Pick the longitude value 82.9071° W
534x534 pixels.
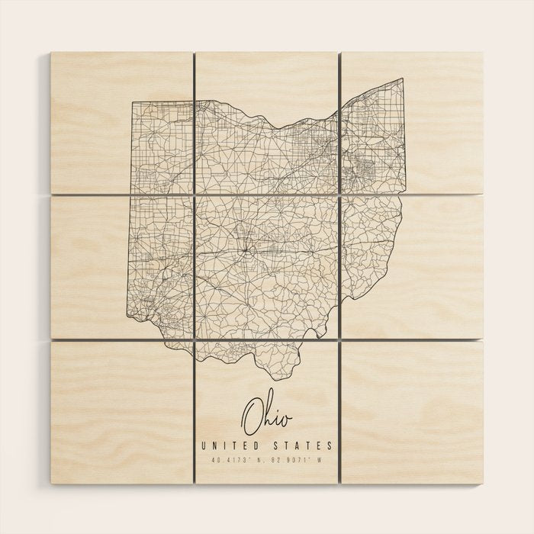(301, 460)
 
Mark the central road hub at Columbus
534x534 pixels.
(246, 249)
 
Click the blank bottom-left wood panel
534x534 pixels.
(122, 412)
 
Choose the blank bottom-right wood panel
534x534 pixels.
(412, 412)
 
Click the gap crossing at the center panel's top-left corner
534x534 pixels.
(195, 195)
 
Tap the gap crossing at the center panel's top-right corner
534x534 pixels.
(339, 195)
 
